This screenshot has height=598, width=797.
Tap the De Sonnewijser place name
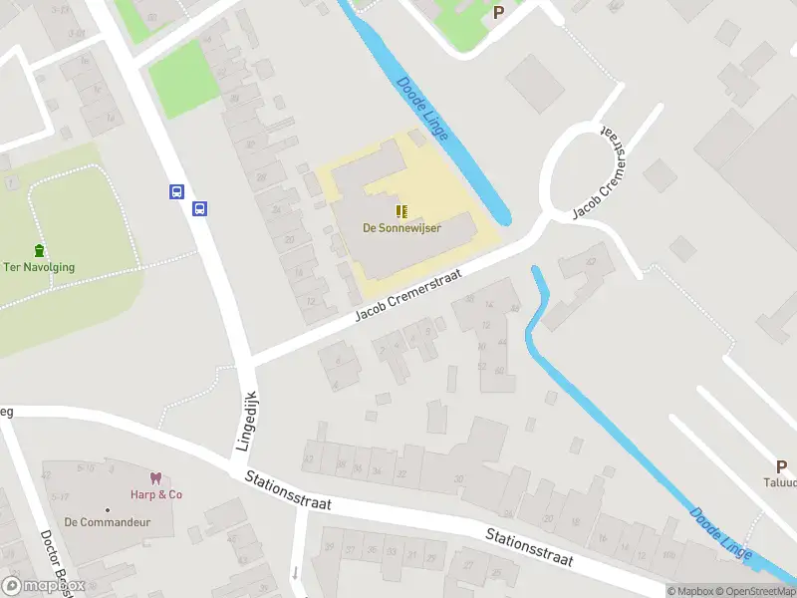pyautogui.click(x=401, y=227)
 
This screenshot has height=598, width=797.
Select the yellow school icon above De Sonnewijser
pyautogui.click(x=401, y=211)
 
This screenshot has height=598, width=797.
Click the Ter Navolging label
pyautogui.click(x=39, y=267)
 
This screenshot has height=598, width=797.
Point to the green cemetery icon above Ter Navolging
pyautogui.click(x=39, y=250)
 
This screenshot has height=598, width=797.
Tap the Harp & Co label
pyautogui.click(x=155, y=494)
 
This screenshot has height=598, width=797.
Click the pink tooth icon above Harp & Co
pyautogui.click(x=155, y=478)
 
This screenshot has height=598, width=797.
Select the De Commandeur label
pyautogui.click(x=99, y=521)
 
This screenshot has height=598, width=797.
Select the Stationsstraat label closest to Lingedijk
pyautogui.click(x=288, y=492)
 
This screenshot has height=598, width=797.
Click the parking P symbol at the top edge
pyautogui.click(x=499, y=12)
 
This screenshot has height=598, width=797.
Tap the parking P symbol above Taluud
pyautogui.click(x=782, y=465)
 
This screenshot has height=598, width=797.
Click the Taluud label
pyautogui.click(x=783, y=482)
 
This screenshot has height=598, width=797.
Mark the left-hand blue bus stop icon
pyautogui.click(x=177, y=191)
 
